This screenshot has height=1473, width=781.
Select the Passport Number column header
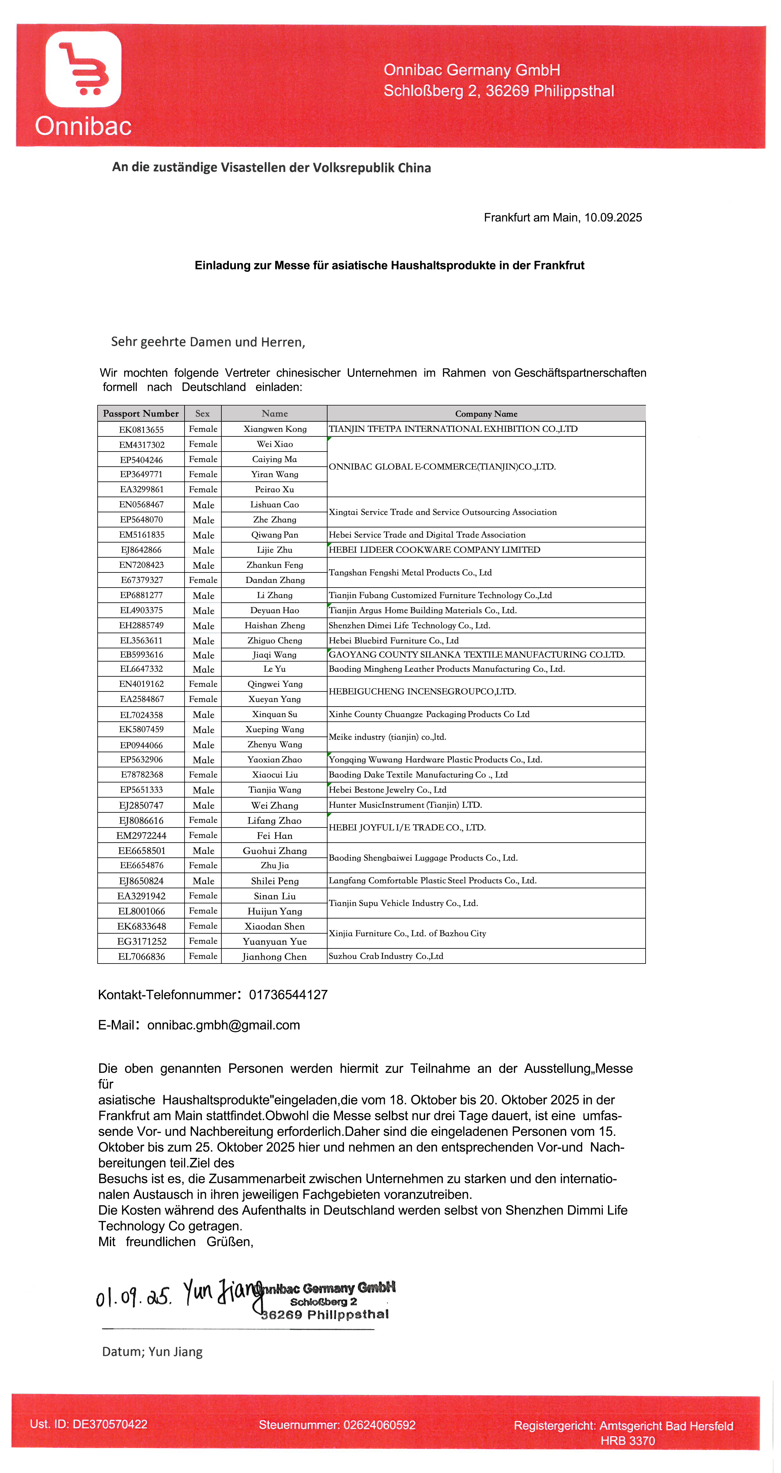(141, 413)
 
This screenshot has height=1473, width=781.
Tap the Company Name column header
(486, 413)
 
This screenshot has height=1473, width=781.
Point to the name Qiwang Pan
(274, 535)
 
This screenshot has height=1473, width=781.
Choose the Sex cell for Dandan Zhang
(203, 580)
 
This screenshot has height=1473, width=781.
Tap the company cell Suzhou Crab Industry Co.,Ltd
(386, 956)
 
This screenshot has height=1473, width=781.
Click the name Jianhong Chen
(274, 957)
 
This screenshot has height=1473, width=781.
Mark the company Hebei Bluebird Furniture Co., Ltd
(393, 640)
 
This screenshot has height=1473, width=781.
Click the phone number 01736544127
(288, 995)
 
